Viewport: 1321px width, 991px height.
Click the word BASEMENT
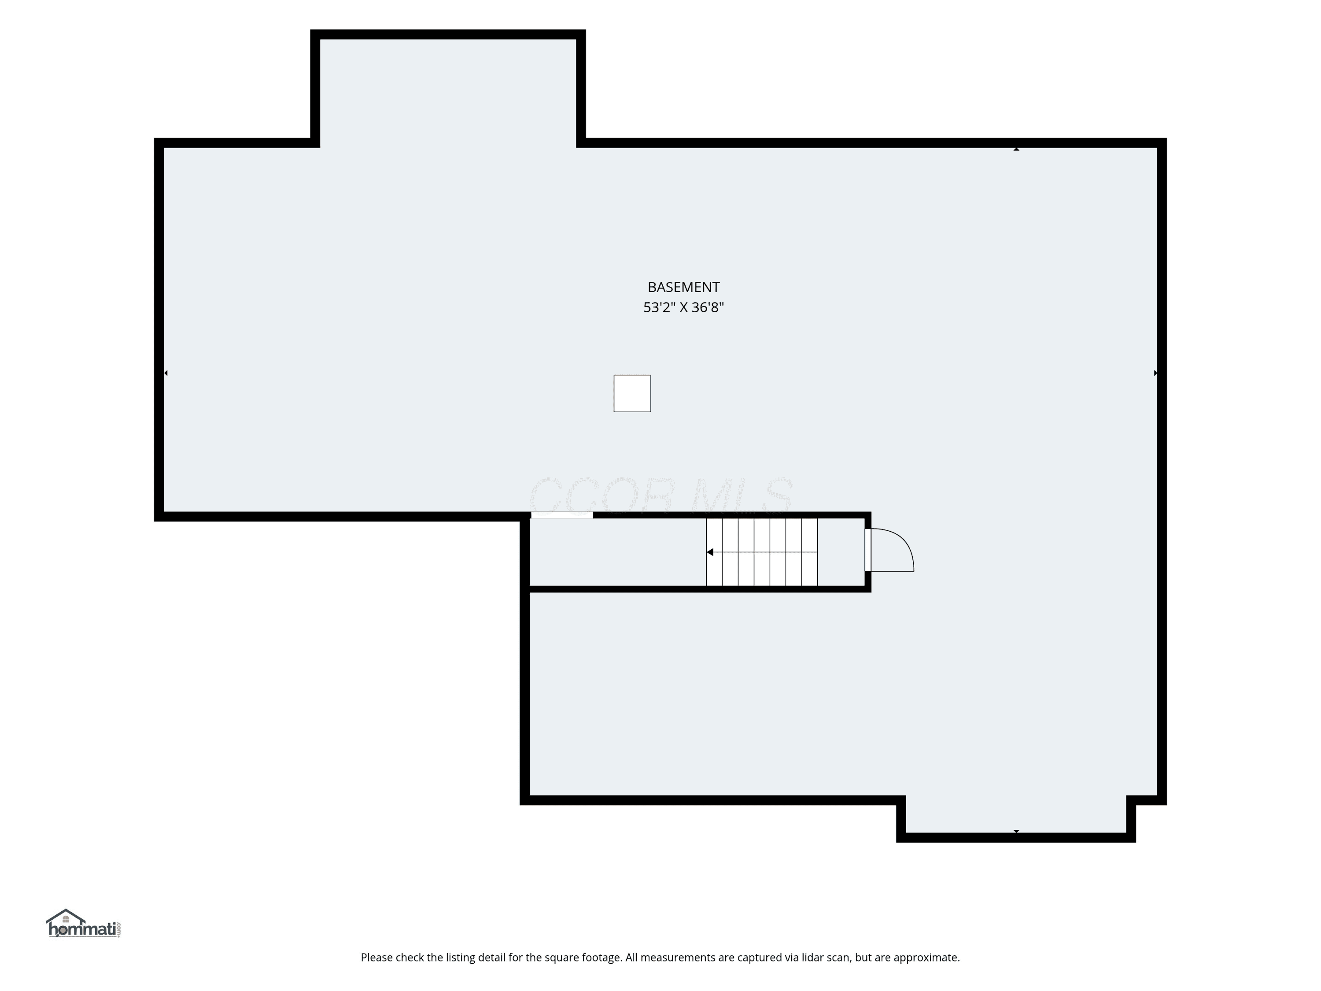pyautogui.click(x=683, y=287)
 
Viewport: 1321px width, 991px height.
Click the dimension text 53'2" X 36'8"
pyautogui.click(x=683, y=307)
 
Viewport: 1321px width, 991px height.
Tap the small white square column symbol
pyautogui.click(x=632, y=394)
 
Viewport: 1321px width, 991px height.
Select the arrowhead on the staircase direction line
pyautogui.click(x=710, y=552)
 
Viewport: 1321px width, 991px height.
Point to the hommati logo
pyautogui.click(x=84, y=924)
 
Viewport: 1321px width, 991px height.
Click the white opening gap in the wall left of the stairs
pyautogui.click(x=562, y=515)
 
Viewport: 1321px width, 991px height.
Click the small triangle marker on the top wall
pyautogui.click(x=1016, y=149)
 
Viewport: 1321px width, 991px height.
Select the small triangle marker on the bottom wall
pyautogui.click(x=1016, y=832)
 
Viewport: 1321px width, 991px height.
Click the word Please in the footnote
pyautogui.click(x=377, y=958)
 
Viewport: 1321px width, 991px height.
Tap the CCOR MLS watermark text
pyautogui.click(x=660, y=496)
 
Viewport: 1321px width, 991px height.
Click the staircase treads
pyautogui.click(x=762, y=552)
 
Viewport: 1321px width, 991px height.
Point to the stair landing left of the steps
pyautogui.click(x=618, y=552)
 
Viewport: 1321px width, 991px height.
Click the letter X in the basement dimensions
pyautogui.click(x=683, y=307)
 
